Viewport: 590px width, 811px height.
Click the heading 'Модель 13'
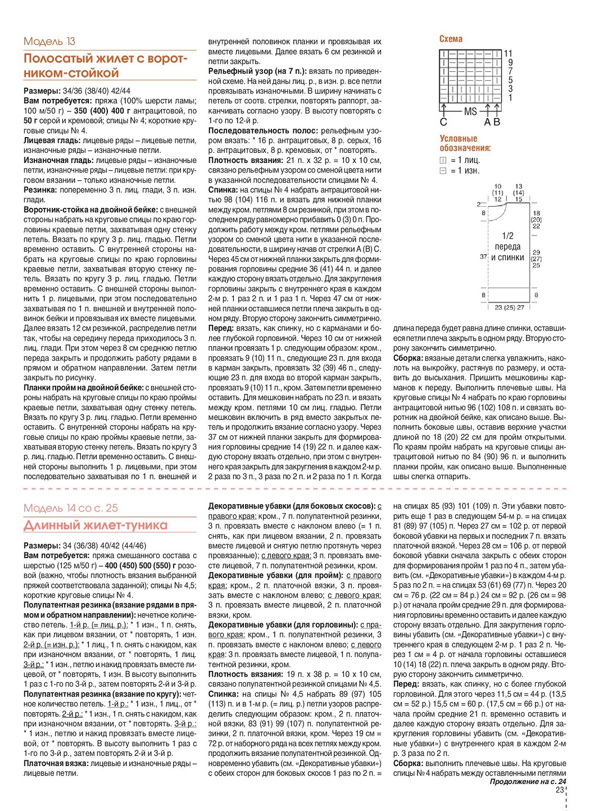pos(49,41)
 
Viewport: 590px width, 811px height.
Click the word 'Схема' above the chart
pos(451,39)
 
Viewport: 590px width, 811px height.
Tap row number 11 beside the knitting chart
pos(509,53)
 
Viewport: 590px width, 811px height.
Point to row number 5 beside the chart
pos(510,80)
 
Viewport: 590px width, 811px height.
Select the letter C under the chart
pos(443,122)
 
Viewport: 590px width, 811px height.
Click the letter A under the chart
pos(488,122)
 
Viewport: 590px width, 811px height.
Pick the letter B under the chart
pos(496,122)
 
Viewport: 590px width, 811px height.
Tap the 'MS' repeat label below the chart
pos(470,112)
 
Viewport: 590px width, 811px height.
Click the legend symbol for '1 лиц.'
pos(443,160)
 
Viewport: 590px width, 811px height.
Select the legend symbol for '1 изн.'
pos(443,170)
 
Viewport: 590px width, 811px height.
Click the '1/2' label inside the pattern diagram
pos(507,236)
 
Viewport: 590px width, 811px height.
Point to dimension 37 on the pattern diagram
pos(483,256)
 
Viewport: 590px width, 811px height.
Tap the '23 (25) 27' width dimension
pos(509,307)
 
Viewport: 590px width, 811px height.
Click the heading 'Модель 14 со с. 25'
pos(71,508)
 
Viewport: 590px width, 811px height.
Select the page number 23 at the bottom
pos(559,790)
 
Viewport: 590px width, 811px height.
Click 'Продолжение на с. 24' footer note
pos(528,781)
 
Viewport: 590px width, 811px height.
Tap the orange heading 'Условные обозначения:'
pos(465,143)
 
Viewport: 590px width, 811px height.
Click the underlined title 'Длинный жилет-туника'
pos(96,525)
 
